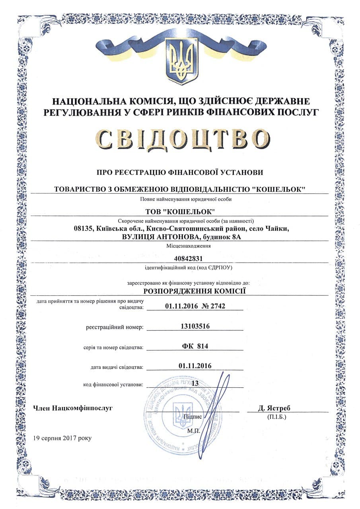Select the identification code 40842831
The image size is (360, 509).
[180, 258]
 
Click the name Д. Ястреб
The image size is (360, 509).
[274, 408]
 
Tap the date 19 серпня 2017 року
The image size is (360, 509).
[62, 438]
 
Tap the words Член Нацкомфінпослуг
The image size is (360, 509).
[73, 408]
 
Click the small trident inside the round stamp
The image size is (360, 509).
[183, 414]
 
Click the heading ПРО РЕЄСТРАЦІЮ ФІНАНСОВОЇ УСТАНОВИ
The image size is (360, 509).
[180, 172]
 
